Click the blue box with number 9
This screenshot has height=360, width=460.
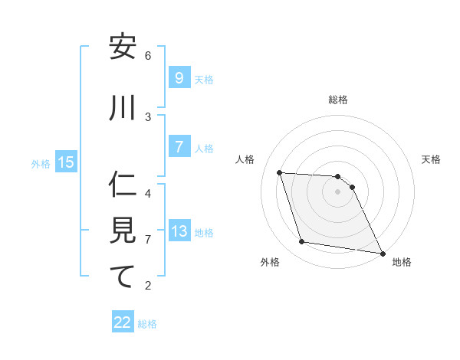click(178, 77)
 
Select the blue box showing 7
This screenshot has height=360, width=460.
click(178, 147)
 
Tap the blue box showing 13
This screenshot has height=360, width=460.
click(179, 231)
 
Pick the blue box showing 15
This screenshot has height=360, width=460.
click(66, 162)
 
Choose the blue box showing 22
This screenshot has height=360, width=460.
click(123, 322)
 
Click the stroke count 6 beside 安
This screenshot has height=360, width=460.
click(148, 55)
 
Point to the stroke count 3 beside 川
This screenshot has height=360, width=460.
click(148, 116)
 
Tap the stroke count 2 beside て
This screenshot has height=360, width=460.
click(148, 286)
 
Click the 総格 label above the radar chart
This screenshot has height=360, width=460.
click(338, 100)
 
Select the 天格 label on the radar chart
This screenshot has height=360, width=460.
click(431, 159)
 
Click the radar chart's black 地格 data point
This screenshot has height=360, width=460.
click(382, 253)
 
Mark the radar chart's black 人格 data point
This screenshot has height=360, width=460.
click(279, 172)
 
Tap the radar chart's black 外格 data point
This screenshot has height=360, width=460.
click(302, 242)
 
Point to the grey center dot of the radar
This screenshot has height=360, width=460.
click(337, 191)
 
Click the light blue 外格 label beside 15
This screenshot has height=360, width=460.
click(40, 162)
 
